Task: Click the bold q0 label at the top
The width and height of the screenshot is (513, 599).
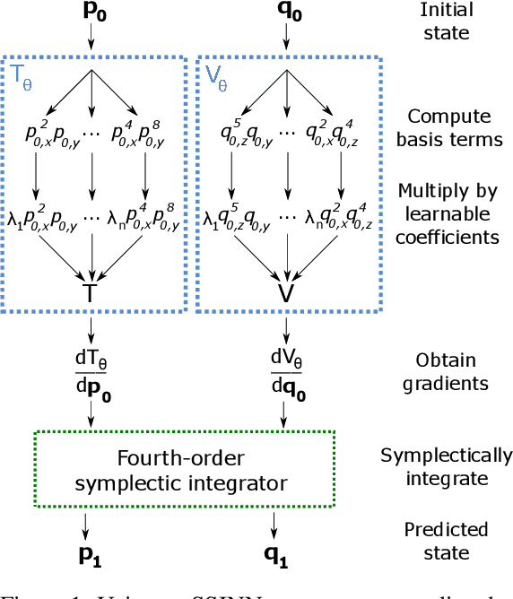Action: [x=286, y=12]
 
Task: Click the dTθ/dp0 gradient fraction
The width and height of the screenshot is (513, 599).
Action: [x=91, y=370]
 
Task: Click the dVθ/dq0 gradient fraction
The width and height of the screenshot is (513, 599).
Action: [x=285, y=370]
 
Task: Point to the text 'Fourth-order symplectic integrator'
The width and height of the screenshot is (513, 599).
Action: [x=183, y=471]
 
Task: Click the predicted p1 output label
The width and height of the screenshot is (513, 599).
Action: [x=91, y=556]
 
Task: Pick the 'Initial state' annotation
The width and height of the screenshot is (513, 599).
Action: [x=447, y=22]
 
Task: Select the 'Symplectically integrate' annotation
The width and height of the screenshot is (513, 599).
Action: [x=447, y=466]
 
